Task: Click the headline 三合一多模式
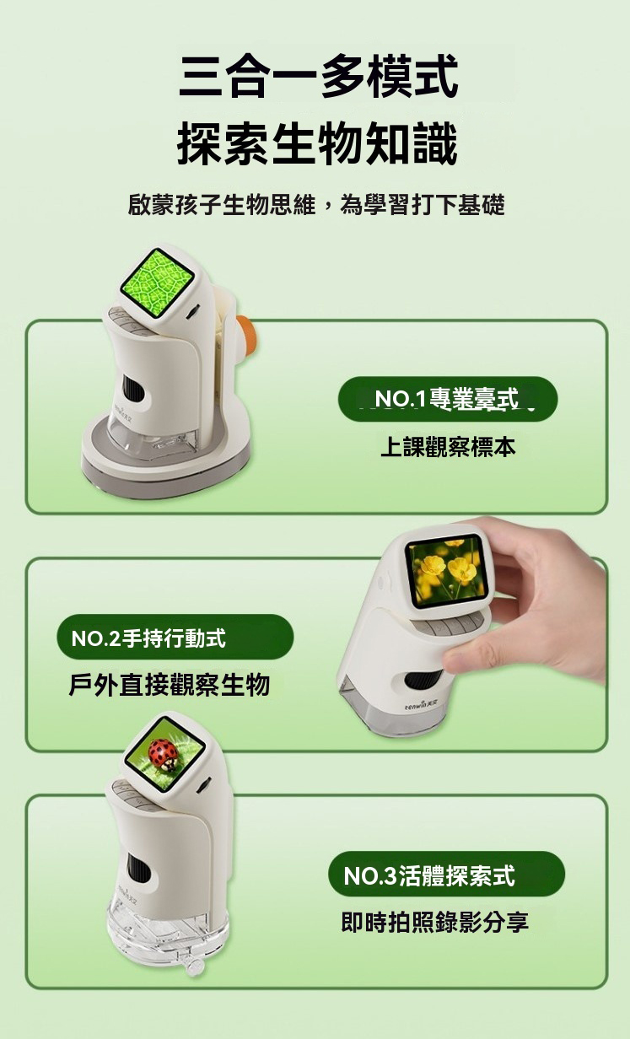(x=319, y=76)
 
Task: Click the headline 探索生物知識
(x=317, y=143)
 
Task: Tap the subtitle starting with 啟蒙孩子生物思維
(x=316, y=205)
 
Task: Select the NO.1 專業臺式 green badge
(x=448, y=399)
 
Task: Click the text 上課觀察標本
(x=448, y=447)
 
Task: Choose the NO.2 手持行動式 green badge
(x=175, y=637)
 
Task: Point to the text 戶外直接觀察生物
(x=170, y=685)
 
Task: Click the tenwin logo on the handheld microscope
(x=420, y=705)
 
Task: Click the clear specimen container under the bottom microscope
(x=168, y=928)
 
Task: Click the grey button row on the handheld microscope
(x=447, y=625)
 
